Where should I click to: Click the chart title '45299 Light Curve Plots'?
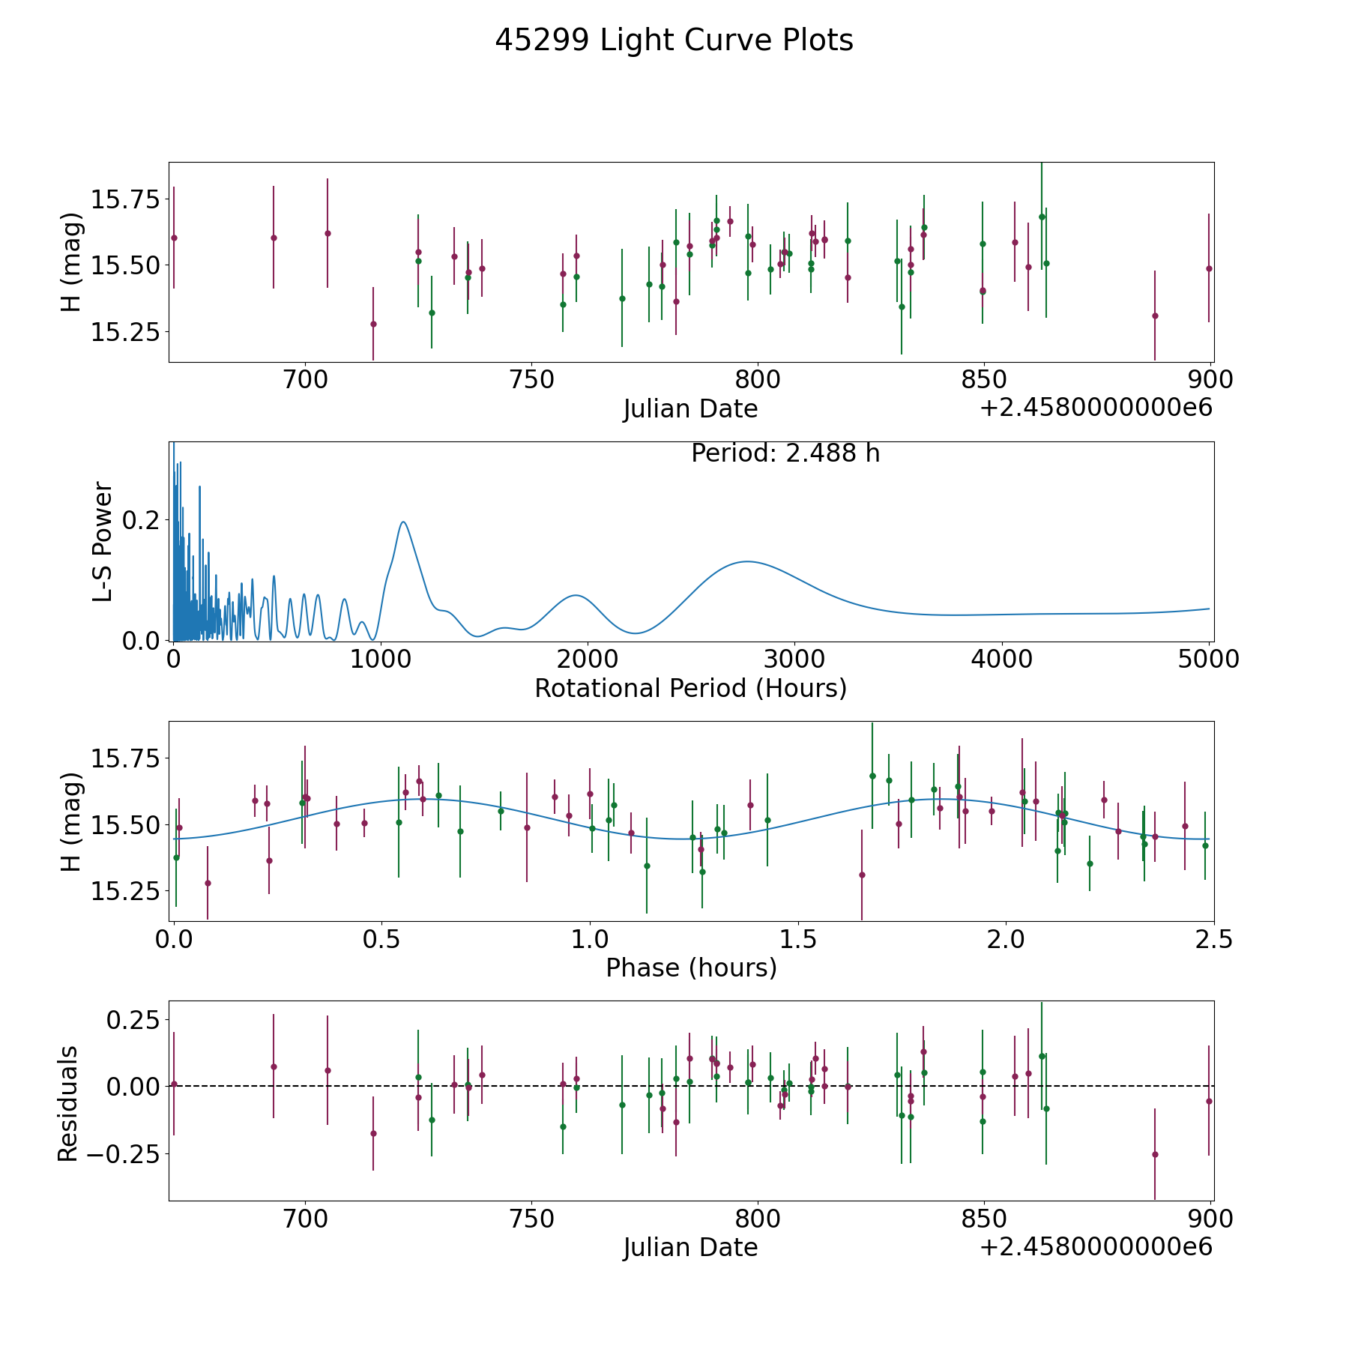[x=674, y=40]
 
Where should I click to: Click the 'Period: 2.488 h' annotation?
[x=785, y=453]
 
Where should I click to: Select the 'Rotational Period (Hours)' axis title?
[x=690, y=688]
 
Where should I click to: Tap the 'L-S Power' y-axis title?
[x=103, y=541]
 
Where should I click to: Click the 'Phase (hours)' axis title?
[x=690, y=968]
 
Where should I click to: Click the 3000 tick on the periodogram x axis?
[x=794, y=660]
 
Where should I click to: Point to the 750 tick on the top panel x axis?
[x=531, y=380]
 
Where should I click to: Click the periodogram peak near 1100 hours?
[x=403, y=522]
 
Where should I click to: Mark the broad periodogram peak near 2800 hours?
[x=746, y=561]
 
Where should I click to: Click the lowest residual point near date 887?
[x=1155, y=1154]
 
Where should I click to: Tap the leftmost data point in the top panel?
[x=174, y=238]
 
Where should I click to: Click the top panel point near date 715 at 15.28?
[x=373, y=324]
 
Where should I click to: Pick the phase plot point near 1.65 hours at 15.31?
[x=862, y=875]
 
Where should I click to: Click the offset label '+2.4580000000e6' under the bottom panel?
[x=1096, y=1247]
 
